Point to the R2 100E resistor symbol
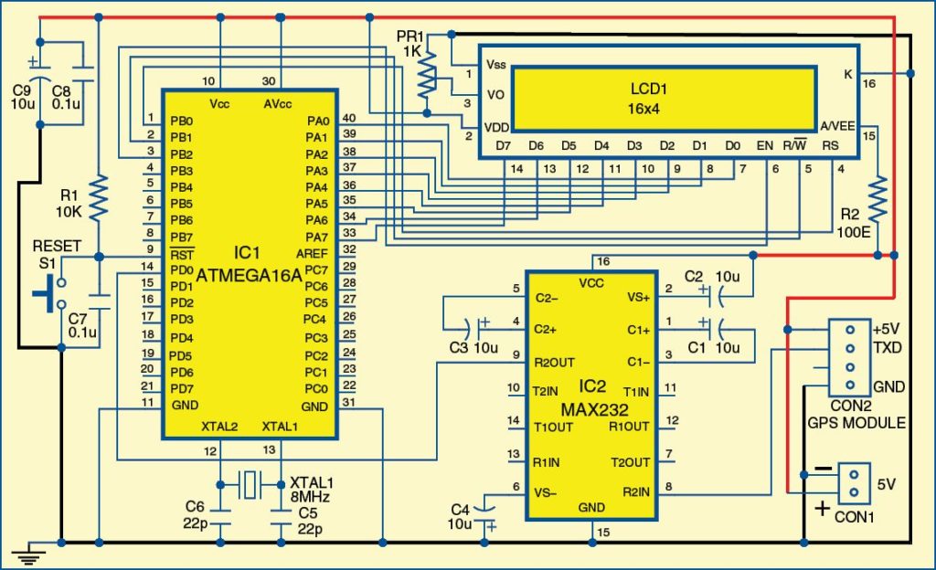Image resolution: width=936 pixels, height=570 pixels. coord(877,202)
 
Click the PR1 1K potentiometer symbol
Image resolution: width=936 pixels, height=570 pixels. coord(426,78)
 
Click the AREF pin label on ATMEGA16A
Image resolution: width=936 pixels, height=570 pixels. coord(311,253)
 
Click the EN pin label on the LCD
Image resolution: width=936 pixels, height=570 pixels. coord(765,146)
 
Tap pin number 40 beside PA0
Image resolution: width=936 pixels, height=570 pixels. coord(348,119)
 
